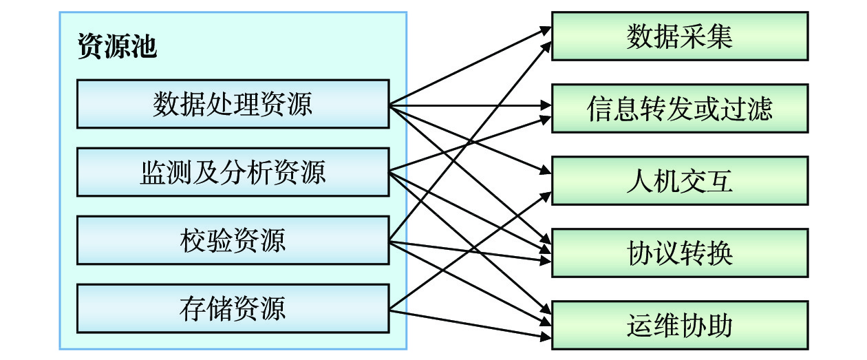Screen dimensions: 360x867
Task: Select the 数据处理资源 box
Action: point(233,104)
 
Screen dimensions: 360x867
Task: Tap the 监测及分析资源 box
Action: point(233,172)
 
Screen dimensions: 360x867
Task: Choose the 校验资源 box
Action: point(233,240)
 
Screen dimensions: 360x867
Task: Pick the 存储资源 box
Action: point(233,308)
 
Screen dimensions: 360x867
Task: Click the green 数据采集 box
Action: point(679,36)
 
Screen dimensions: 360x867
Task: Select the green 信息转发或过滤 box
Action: point(679,109)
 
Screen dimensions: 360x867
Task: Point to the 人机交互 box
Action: point(679,181)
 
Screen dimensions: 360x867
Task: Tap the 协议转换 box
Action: point(679,253)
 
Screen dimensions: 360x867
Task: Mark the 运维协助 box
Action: point(679,325)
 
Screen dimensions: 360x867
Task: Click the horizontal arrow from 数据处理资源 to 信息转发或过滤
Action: point(475,106)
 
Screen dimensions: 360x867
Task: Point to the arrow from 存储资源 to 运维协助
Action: point(475,324)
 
